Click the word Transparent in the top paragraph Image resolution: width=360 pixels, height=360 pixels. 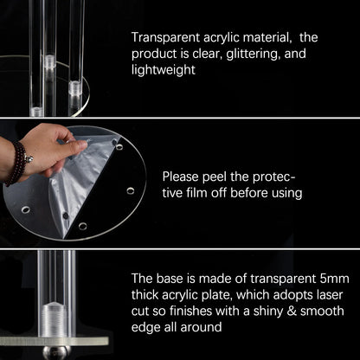click(165, 38)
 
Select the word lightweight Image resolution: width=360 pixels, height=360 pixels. click(164, 70)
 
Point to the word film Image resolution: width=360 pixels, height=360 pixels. click(197, 193)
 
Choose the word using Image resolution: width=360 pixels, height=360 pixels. click(286, 194)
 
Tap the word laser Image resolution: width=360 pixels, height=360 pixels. click(330, 295)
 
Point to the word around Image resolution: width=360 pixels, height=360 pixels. click(201, 328)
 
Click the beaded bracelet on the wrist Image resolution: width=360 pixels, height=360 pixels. click(17, 164)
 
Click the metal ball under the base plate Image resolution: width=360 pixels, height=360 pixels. click(57, 352)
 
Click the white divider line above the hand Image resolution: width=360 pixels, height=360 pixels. click(180, 118)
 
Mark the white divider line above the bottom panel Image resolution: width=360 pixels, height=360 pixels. click(180, 248)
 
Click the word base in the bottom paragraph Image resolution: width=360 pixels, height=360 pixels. click(170, 279)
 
